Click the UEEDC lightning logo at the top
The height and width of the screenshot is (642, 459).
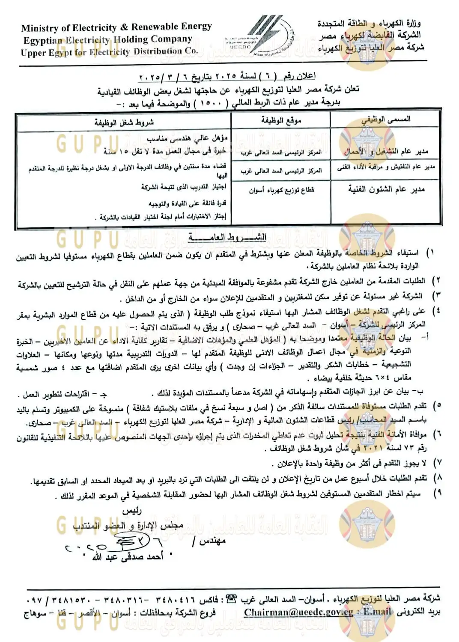[x=260, y=36]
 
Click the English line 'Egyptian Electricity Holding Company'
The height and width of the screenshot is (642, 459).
[x=107, y=40]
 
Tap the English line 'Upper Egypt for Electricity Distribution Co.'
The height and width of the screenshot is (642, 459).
[x=109, y=52]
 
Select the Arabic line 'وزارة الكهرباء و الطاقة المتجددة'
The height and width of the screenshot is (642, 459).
[x=369, y=23]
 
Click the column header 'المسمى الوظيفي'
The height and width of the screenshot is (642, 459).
[x=385, y=119]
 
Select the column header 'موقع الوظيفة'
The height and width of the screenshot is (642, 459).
[x=281, y=120]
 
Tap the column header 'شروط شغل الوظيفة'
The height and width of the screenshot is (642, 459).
[x=124, y=122]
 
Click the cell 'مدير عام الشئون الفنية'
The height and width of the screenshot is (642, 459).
[x=386, y=189]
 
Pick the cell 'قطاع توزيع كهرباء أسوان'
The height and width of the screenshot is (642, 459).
[x=281, y=190]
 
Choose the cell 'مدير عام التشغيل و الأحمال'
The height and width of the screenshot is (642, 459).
[x=386, y=151]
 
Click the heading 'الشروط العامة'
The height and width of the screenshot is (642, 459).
[x=227, y=237]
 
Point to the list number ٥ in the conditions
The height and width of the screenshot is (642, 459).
[x=437, y=405]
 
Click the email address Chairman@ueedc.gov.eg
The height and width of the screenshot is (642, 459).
[x=298, y=612]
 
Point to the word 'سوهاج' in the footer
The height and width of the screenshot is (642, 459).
[x=35, y=614]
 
